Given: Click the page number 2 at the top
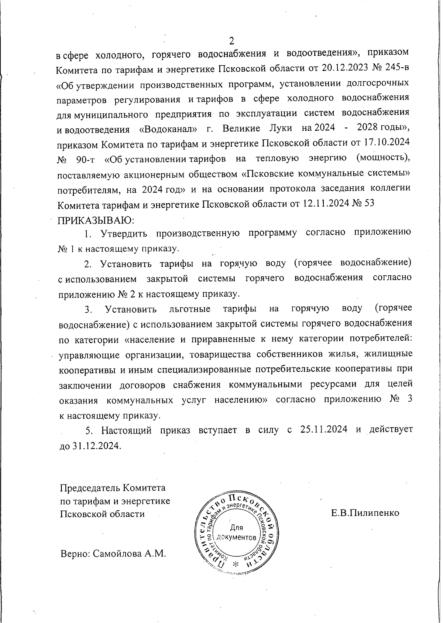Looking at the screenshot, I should coord(232,40).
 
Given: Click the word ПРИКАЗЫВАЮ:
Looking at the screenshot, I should coord(96,220).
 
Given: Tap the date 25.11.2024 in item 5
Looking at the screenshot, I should coord(322,430).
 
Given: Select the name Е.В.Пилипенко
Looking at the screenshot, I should coord(365,513).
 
